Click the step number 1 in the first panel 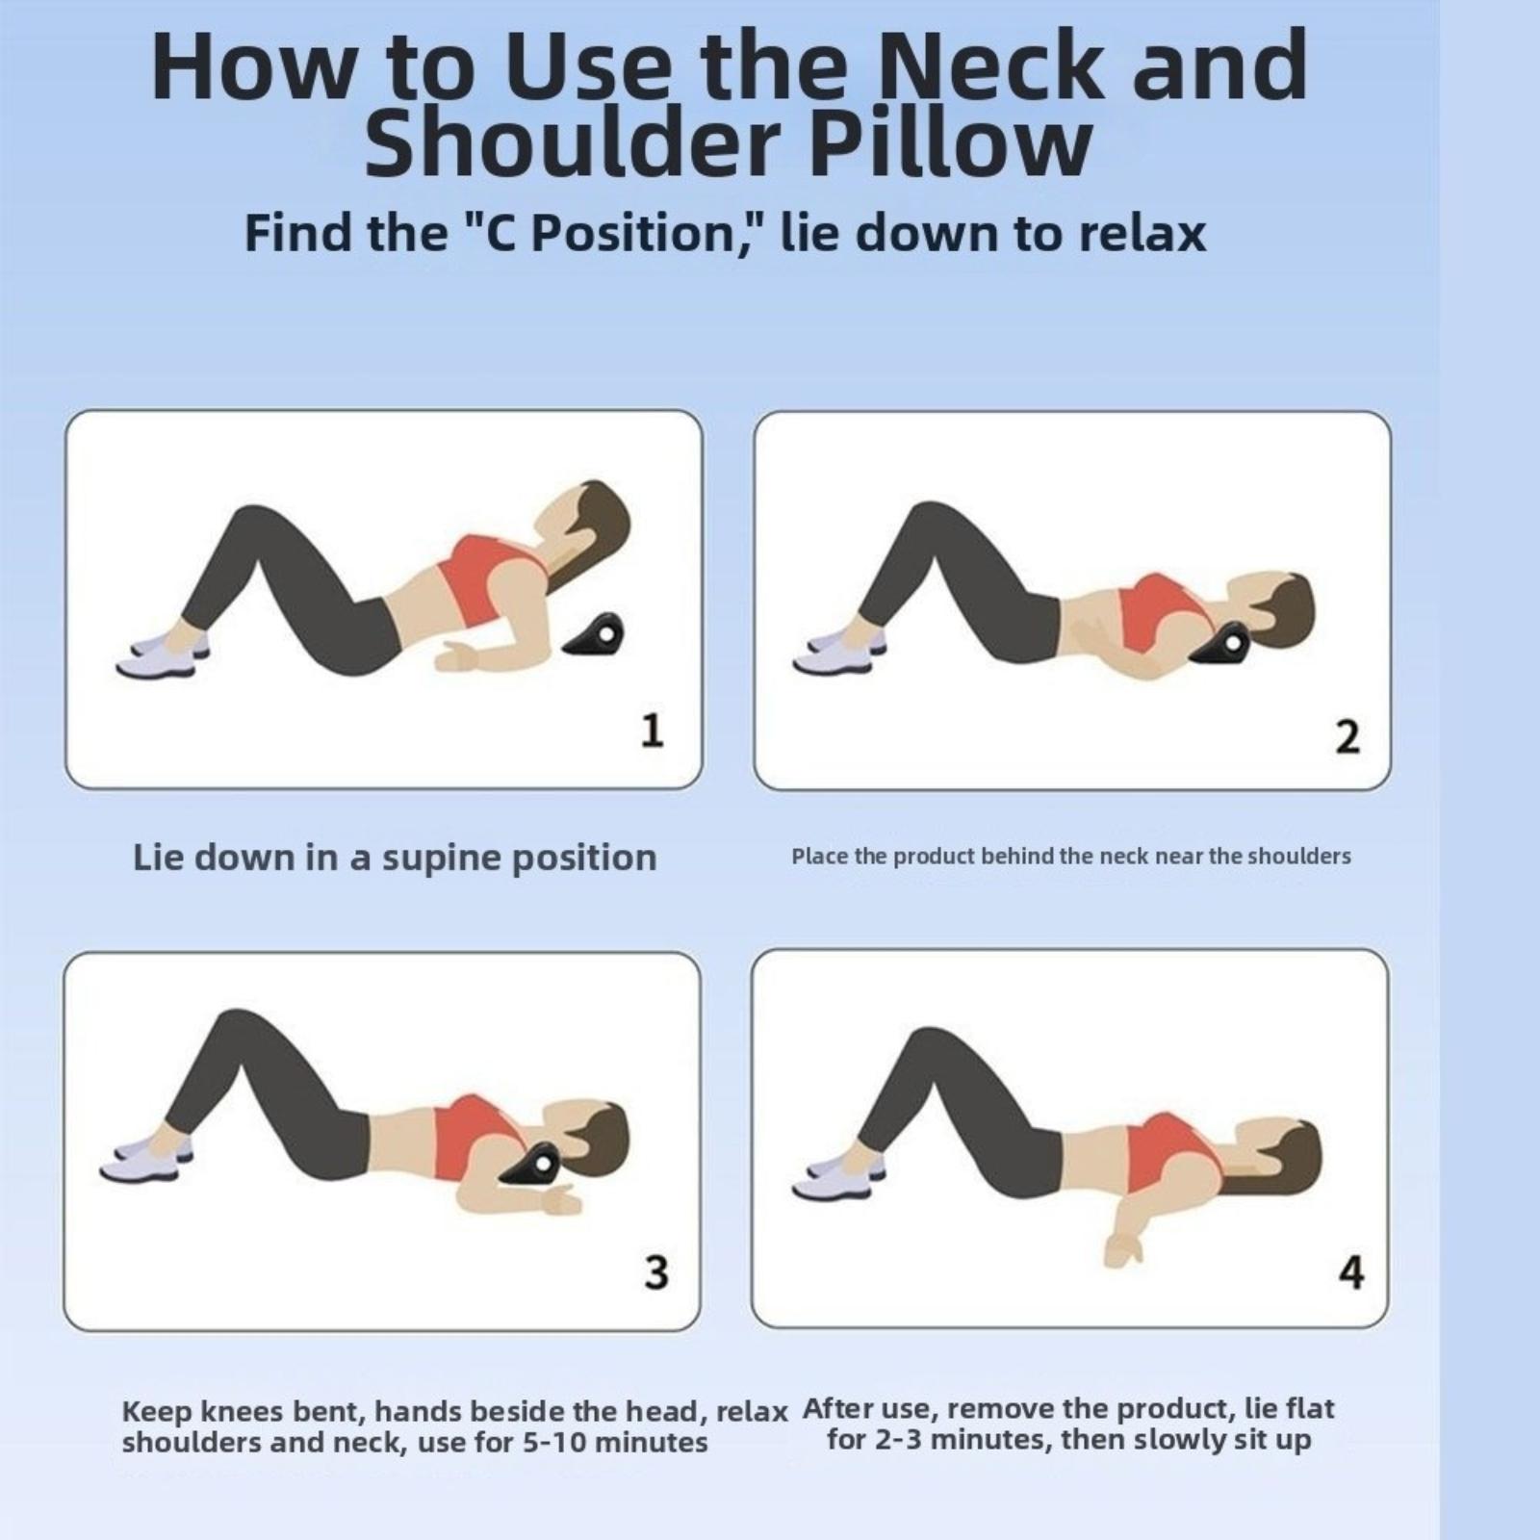(653, 731)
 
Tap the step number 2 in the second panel (1347, 736)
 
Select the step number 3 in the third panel (655, 1271)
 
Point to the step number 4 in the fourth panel (1351, 1271)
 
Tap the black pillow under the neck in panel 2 (1218, 644)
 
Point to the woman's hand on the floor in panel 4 (1121, 1248)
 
